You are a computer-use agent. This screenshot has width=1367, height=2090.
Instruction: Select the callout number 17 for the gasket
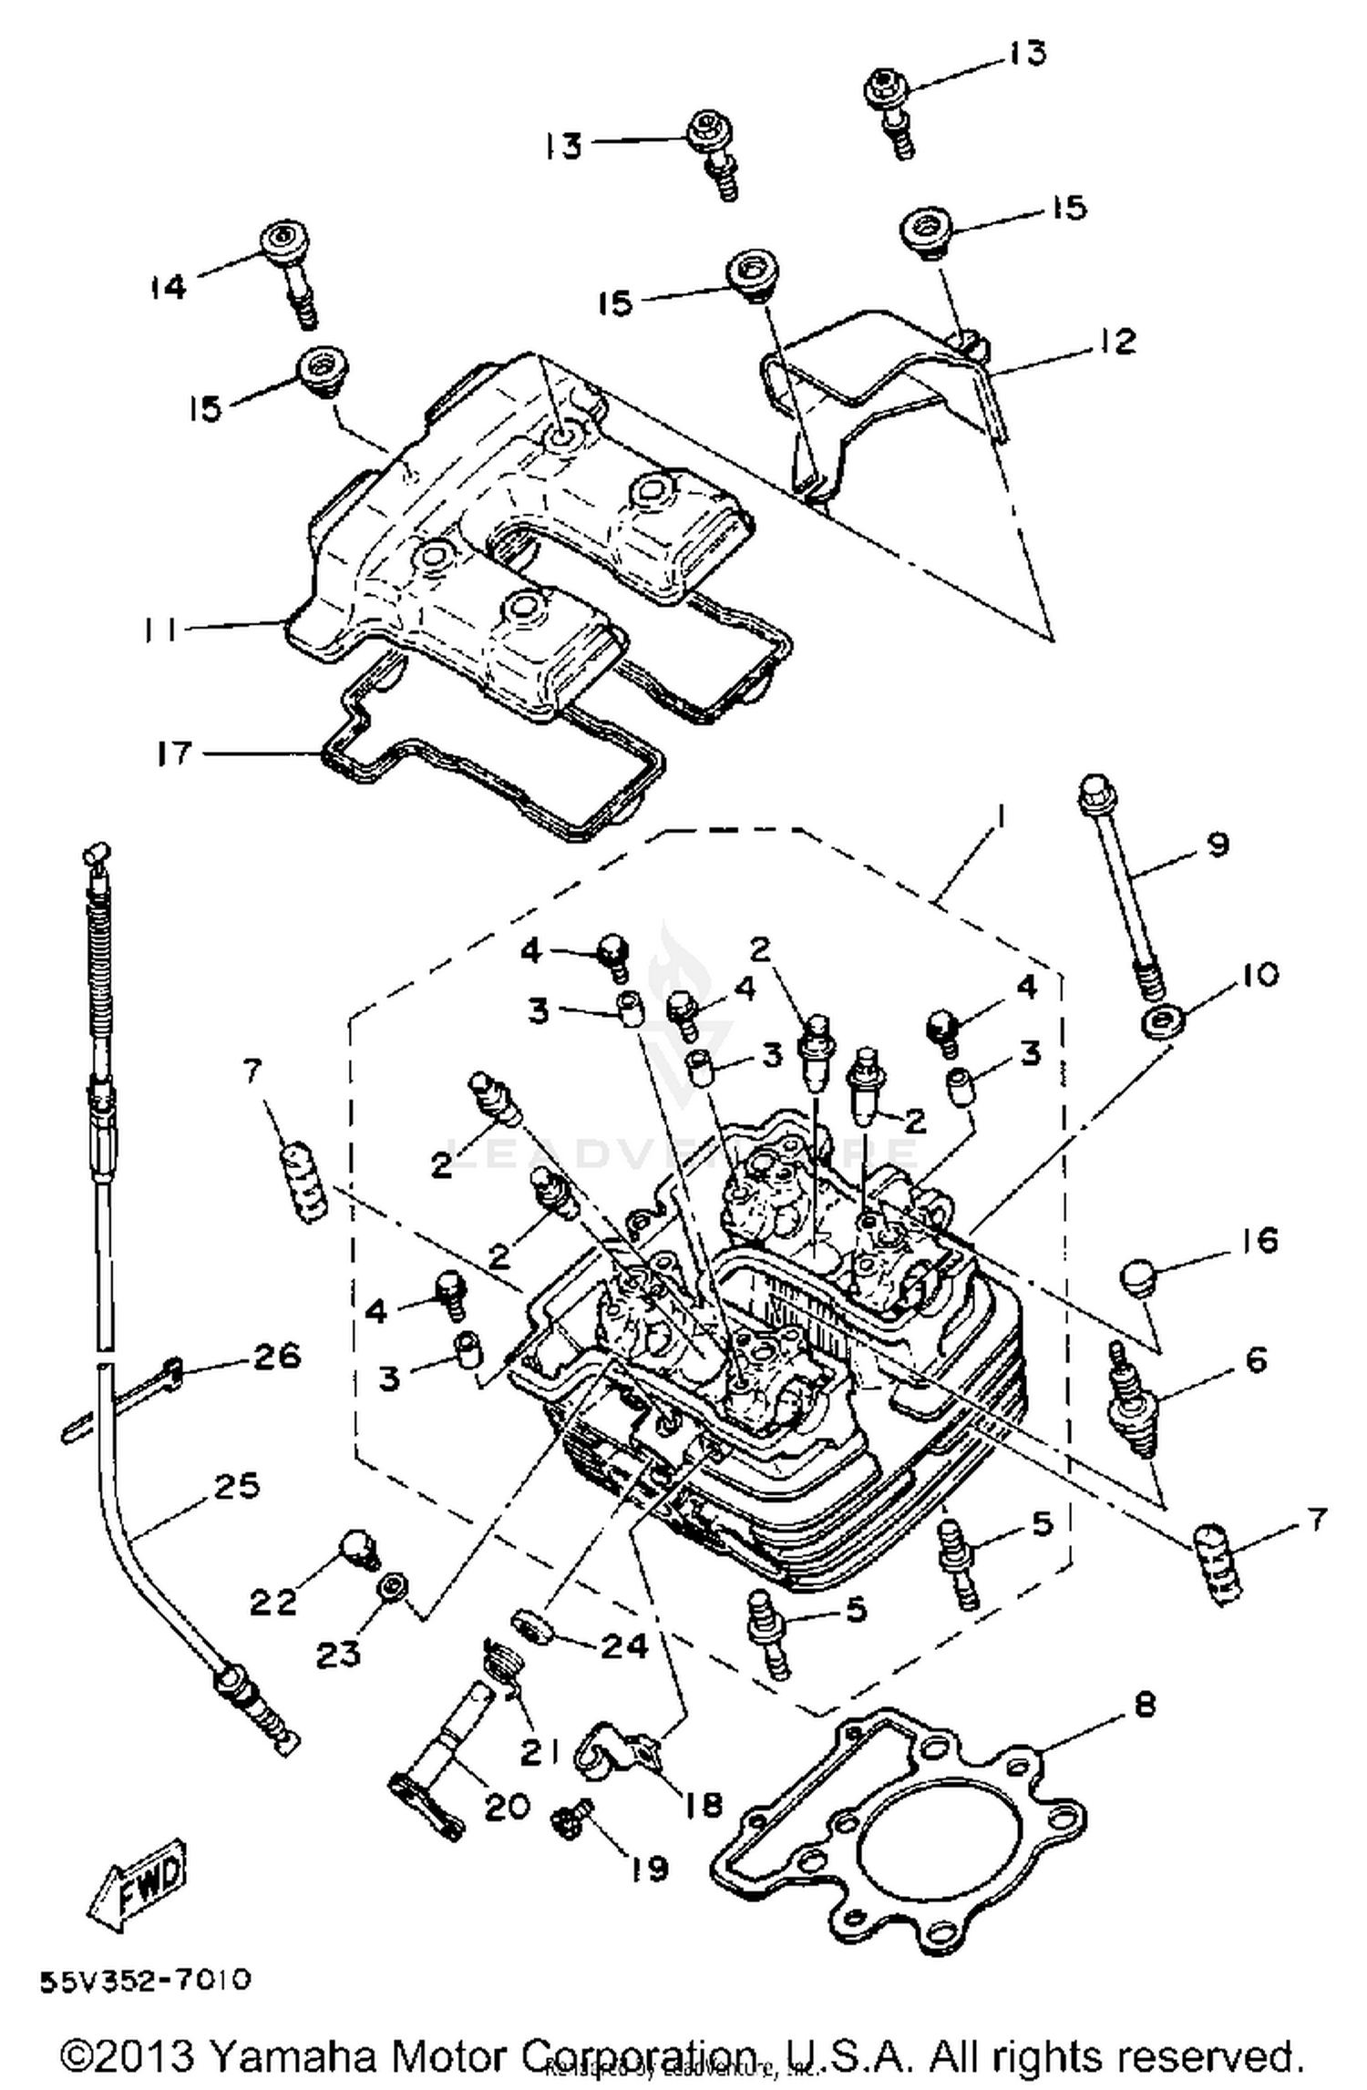click(173, 754)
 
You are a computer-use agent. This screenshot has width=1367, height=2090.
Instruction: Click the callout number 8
click(1145, 1702)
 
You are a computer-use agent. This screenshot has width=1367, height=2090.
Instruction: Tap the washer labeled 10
click(1163, 1021)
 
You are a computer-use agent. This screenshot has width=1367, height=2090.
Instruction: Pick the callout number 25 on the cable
click(237, 1485)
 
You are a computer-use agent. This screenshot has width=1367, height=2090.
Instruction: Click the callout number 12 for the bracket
click(1118, 342)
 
